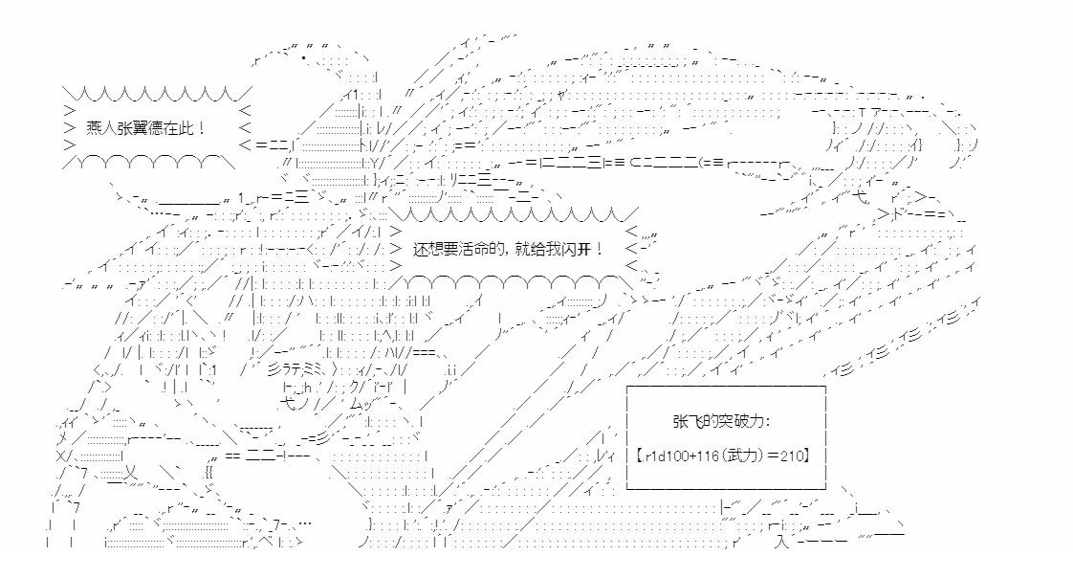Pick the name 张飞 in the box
point(687,421)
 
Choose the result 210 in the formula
point(795,454)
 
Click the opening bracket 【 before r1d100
point(639,454)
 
